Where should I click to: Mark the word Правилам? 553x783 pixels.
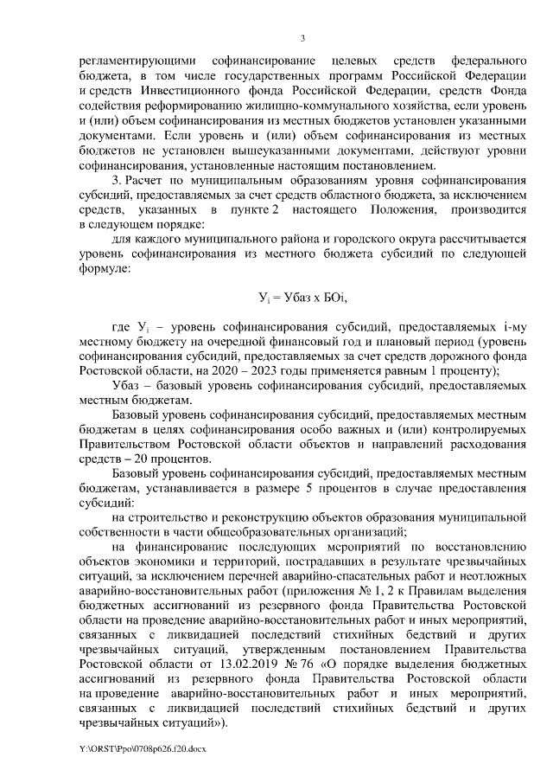[x=372, y=600]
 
